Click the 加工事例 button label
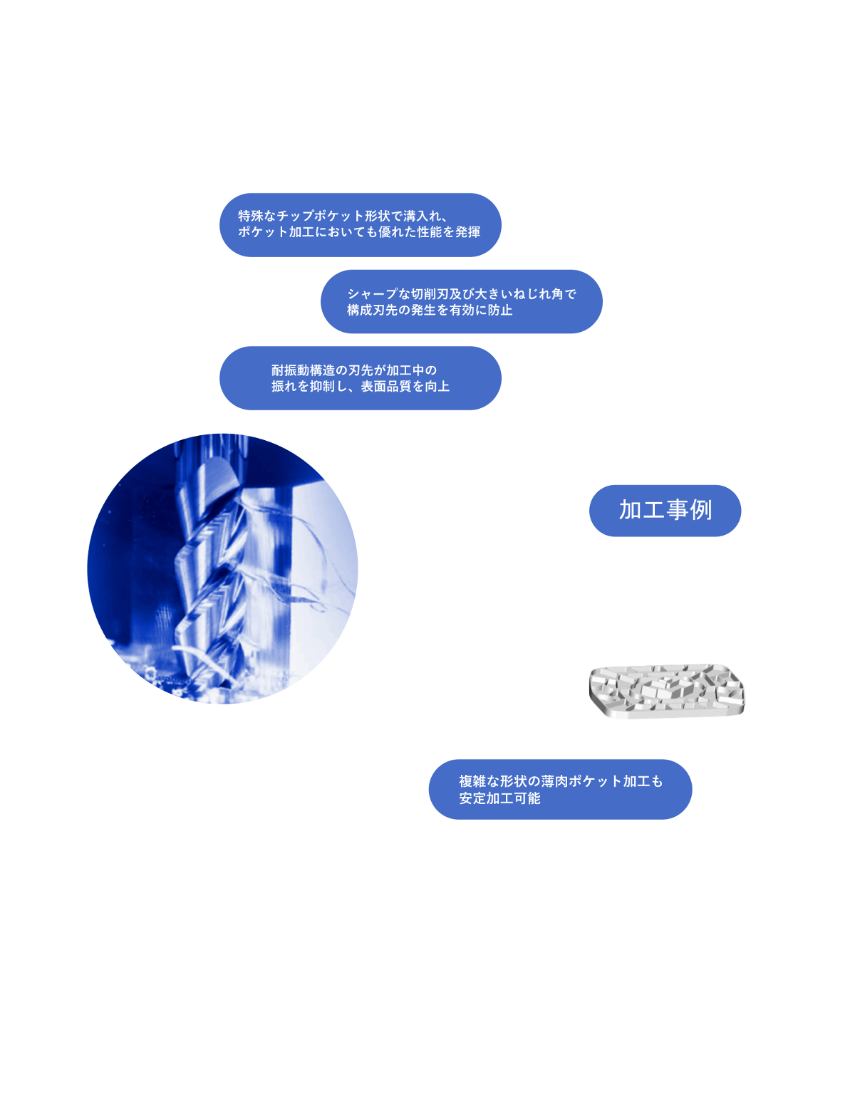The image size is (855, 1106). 665,510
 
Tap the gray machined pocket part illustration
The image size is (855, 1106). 667,691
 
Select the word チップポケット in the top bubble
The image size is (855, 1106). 321,216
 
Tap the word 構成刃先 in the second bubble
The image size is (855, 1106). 372,310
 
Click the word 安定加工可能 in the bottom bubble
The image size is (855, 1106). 499,798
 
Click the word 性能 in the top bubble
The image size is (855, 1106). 430,232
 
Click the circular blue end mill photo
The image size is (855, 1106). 222,568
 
